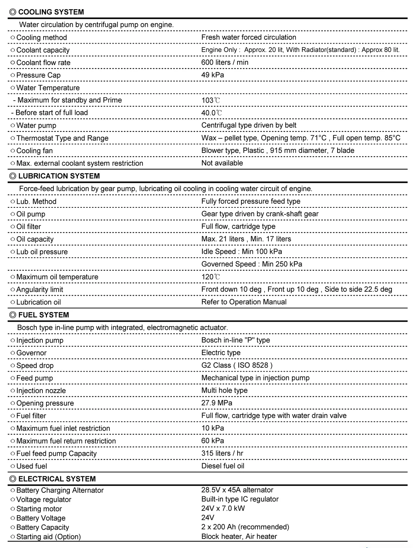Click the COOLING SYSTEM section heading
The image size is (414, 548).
pyautogui.click(x=51, y=12)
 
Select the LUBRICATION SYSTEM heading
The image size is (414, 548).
pyautogui.click(x=59, y=176)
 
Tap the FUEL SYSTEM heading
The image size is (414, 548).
pyautogui.click(x=44, y=315)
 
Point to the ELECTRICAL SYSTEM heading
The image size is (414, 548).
pyautogui.click(x=57, y=479)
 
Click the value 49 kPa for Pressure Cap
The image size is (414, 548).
pyautogui.click(x=213, y=75)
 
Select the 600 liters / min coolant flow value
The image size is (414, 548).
pyautogui.click(x=225, y=62)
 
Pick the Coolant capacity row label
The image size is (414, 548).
pyautogui.click(x=43, y=50)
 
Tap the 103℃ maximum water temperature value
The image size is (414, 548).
pyautogui.click(x=211, y=100)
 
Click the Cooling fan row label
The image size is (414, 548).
pyautogui.click(x=34, y=150)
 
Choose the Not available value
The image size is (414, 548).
pyautogui.click(x=222, y=163)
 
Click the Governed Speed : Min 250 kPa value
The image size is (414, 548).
pyautogui.click(x=252, y=264)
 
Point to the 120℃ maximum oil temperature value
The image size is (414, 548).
pyautogui.click(x=211, y=277)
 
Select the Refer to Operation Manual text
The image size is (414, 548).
pyautogui.click(x=244, y=302)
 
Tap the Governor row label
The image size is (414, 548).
pyautogui.click(x=31, y=353)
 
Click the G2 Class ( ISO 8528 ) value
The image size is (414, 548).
pyautogui.click(x=237, y=365)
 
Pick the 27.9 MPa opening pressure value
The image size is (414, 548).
pyautogui.click(x=217, y=403)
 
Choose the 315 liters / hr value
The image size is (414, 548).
pyautogui.click(x=222, y=453)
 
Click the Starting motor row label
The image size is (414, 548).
pyautogui.click(x=39, y=509)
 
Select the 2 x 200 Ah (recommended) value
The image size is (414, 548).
pyautogui.click(x=245, y=527)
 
